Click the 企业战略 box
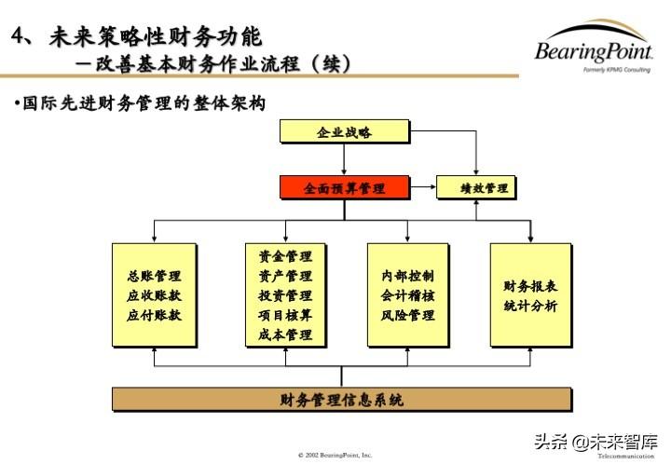[x=344, y=132]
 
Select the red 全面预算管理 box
[x=344, y=187]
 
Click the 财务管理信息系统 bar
[x=341, y=400]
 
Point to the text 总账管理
[x=154, y=276]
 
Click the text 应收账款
[x=154, y=295]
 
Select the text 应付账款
[x=154, y=315]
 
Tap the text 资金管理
[x=285, y=256]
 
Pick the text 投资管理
[x=285, y=295]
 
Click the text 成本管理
[x=285, y=334]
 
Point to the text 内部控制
[x=407, y=276]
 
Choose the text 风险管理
[x=407, y=315]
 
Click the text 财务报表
[x=530, y=285]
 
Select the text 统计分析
[x=530, y=306]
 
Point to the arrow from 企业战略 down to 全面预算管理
[x=344, y=159]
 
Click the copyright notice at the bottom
[x=335, y=455]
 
